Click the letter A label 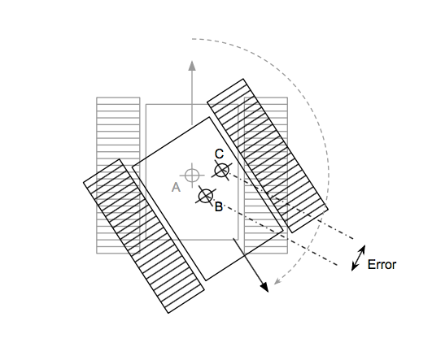click(x=176, y=188)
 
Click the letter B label click(x=219, y=206)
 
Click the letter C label click(x=220, y=154)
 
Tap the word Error click(x=382, y=264)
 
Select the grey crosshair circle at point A click(x=192, y=175)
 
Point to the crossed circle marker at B click(x=206, y=196)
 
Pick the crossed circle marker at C click(x=222, y=171)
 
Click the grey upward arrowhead click(x=192, y=66)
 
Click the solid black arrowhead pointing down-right click(x=264, y=287)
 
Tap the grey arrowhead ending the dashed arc click(x=277, y=281)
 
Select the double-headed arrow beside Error click(x=359, y=258)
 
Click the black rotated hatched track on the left click(x=144, y=236)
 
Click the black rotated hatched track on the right click(x=268, y=156)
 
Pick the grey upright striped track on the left click(x=118, y=175)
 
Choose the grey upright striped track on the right click(x=266, y=175)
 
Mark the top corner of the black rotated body click(x=209, y=117)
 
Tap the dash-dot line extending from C click(x=290, y=206)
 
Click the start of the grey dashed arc click(x=192, y=39)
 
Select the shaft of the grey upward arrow click(x=192, y=98)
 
